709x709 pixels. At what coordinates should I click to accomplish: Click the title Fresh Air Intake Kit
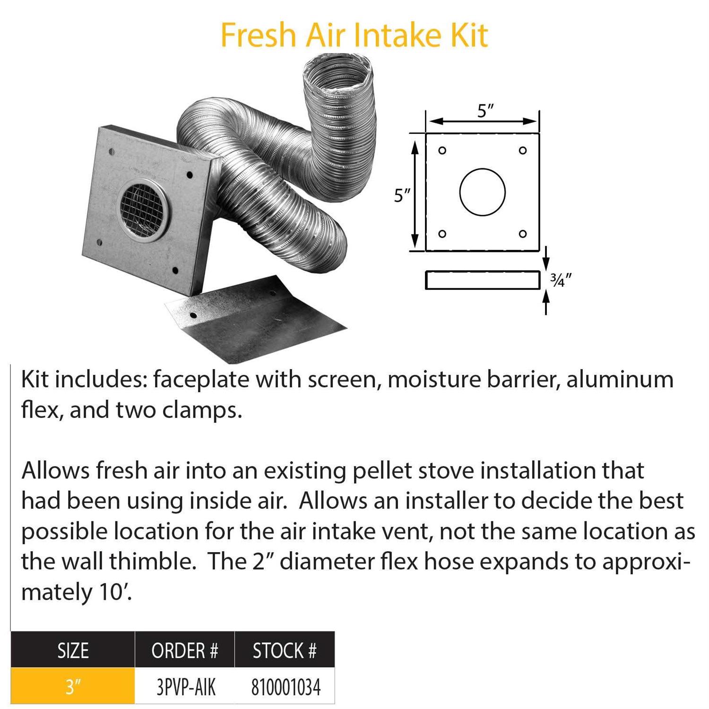pyautogui.click(x=354, y=35)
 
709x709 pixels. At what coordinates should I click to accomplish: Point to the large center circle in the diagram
pyautogui.click(x=483, y=192)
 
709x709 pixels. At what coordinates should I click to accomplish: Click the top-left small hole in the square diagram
pyautogui.click(x=442, y=151)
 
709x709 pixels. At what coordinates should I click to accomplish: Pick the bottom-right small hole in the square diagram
pyautogui.click(x=523, y=234)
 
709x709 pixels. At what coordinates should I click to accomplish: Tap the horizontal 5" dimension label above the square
pyautogui.click(x=485, y=112)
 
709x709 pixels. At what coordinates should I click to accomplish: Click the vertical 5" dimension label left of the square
pyautogui.click(x=402, y=195)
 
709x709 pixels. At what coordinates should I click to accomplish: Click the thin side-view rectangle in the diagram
pyautogui.click(x=483, y=280)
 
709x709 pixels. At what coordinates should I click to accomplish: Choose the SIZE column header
pyautogui.click(x=73, y=651)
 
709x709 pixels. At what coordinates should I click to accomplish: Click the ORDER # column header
pyautogui.click(x=185, y=651)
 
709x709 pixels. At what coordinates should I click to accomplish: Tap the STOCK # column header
pyautogui.click(x=285, y=651)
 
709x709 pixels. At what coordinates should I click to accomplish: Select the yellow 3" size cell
pyautogui.click(x=73, y=686)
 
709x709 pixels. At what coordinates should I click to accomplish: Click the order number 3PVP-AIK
pyautogui.click(x=186, y=687)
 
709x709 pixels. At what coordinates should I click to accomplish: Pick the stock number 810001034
pyautogui.click(x=286, y=687)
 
